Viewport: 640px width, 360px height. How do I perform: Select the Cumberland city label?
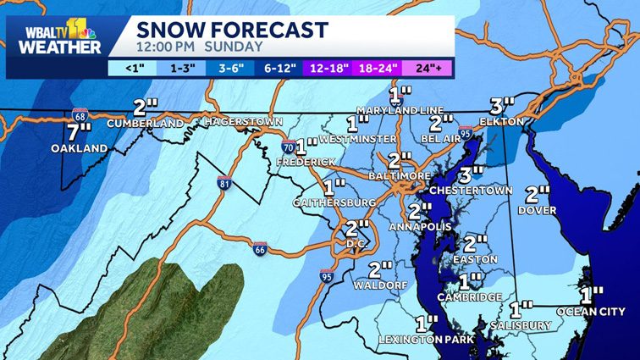[x=146, y=124]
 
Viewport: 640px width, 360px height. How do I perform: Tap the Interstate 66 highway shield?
[x=261, y=247]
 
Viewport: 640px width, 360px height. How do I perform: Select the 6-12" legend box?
[x=282, y=67]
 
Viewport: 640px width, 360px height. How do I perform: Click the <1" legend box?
[x=134, y=67]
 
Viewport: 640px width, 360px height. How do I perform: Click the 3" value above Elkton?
[x=502, y=107]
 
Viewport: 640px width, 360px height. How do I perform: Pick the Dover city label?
[x=538, y=208]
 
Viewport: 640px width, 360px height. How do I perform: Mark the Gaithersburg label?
[x=334, y=203]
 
